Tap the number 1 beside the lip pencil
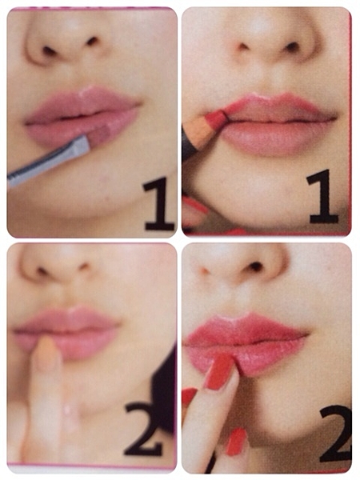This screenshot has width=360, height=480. click(323, 197)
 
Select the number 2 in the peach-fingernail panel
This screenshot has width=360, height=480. click(143, 429)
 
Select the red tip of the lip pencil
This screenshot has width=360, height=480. click(218, 119)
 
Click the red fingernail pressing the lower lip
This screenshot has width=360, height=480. click(219, 371)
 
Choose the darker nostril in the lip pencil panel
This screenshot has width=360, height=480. click(291, 46)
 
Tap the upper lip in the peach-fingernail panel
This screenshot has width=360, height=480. click(67, 320)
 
